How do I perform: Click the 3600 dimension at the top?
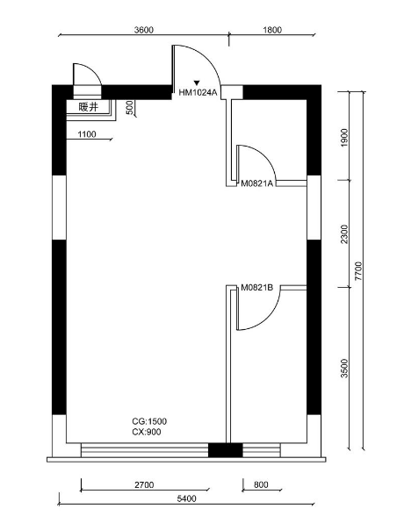tap(144, 30)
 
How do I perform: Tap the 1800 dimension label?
tap(272, 30)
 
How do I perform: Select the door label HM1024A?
tap(198, 93)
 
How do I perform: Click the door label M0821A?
tap(256, 183)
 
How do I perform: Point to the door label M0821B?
tap(256, 288)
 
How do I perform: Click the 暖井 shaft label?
tap(88, 107)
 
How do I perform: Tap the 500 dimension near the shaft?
tap(130, 108)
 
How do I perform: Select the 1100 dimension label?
tap(87, 134)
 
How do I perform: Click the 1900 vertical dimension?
tap(344, 138)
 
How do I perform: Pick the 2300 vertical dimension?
tap(344, 234)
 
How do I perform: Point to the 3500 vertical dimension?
tap(344, 369)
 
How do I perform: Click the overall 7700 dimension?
tap(358, 271)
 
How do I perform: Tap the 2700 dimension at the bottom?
tap(144, 484)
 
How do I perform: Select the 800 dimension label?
tap(261, 484)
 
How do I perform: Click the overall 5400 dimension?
tap(186, 498)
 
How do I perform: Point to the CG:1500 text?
tap(149, 421)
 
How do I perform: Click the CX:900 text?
tap(147, 432)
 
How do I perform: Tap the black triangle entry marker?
tap(197, 82)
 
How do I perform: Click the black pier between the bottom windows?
tap(225, 450)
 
